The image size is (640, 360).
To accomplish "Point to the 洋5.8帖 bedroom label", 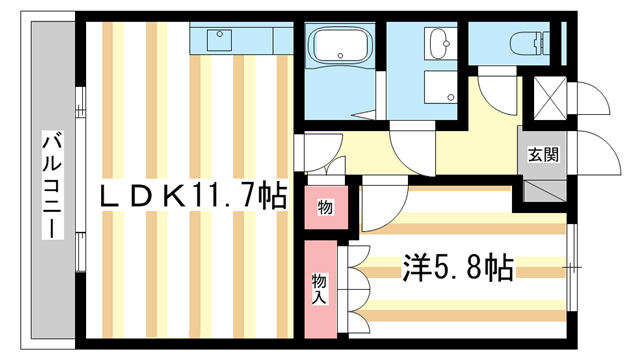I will point(457,267).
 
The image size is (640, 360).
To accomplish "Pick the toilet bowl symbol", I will point(527,42).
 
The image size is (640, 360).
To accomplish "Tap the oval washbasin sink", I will point(438,42).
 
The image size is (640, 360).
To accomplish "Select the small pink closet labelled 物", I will point(326,206).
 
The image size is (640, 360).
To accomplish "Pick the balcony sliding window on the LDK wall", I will point(80,180).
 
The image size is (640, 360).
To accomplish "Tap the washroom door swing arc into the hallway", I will point(412,148).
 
